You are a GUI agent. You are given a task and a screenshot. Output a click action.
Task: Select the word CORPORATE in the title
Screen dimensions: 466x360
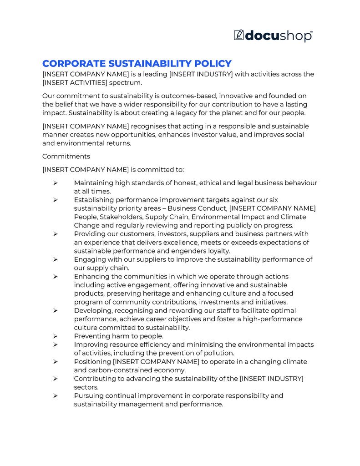point(71,64)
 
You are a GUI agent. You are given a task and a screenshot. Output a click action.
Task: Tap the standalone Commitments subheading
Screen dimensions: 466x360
point(66,156)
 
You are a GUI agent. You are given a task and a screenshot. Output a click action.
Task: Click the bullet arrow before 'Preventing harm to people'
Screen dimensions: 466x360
point(55,336)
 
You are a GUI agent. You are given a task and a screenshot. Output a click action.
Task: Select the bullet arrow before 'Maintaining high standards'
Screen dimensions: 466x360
point(55,183)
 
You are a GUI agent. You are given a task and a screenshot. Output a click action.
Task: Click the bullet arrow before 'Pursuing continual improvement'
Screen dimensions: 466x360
point(55,396)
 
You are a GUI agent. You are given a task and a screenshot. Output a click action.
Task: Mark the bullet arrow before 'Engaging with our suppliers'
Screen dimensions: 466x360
point(55,259)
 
